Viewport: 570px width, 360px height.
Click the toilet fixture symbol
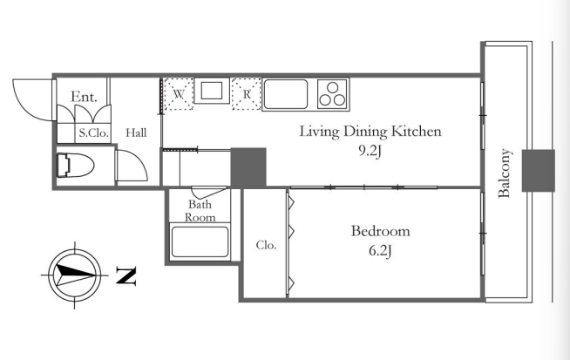(x=75, y=166)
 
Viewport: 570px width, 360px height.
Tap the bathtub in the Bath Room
(x=200, y=241)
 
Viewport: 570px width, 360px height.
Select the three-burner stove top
(x=333, y=94)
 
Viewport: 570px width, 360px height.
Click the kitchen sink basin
(x=286, y=94)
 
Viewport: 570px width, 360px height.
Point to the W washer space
(x=178, y=94)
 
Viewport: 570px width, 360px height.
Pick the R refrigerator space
(x=247, y=94)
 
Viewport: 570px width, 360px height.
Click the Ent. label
(x=84, y=97)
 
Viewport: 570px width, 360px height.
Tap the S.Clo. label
(x=94, y=132)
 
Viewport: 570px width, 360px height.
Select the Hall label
(x=136, y=132)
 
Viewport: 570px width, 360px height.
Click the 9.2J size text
(x=370, y=152)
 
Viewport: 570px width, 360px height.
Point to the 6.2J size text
(x=380, y=250)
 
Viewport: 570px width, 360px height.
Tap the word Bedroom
(x=380, y=231)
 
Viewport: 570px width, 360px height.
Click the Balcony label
(x=505, y=173)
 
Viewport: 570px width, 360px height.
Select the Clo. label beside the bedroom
(x=266, y=245)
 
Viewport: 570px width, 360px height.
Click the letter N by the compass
(x=126, y=275)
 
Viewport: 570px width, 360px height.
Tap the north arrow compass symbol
(x=75, y=275)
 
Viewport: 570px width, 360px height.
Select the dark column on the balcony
(x=539, y=171)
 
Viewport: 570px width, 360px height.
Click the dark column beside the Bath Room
(x=248, y=167)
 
